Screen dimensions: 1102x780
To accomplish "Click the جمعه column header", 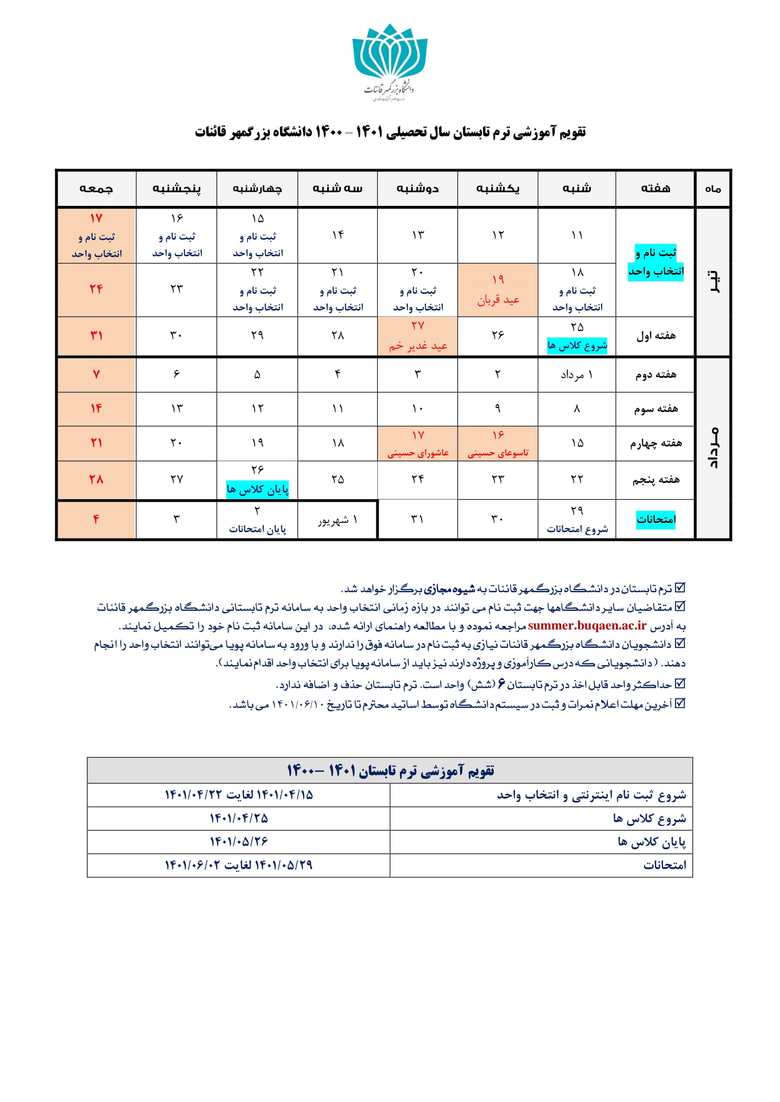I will pos(96,188).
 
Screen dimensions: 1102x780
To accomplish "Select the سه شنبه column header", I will pos(337,188).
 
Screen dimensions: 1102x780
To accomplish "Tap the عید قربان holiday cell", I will pos(498,290).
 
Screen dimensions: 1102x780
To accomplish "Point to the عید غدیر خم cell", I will pos(417,336).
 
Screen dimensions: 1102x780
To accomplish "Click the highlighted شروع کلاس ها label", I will pos(577,345).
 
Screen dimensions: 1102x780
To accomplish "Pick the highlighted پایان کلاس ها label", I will pos(257,490).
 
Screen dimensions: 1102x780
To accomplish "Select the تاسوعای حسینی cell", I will pos(498,444).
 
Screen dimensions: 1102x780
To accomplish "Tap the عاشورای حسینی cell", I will pos(417,444).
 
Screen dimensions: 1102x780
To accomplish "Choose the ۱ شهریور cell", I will pos(337,520).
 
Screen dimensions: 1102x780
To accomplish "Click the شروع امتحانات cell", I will pos(577,520).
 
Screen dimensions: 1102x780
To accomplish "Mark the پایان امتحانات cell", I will pos(257,520).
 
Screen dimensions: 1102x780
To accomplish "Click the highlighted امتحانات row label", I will pos(656,519).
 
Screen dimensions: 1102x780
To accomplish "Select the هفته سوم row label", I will pos(656,409).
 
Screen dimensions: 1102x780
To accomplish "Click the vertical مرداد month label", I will pos(713,447).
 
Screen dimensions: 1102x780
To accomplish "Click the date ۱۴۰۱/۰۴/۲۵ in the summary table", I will pos(239,818).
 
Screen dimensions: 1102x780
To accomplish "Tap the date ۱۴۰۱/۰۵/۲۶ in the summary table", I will pos(239,841).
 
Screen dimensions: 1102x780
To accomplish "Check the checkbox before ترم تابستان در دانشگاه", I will pos(680,588).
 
